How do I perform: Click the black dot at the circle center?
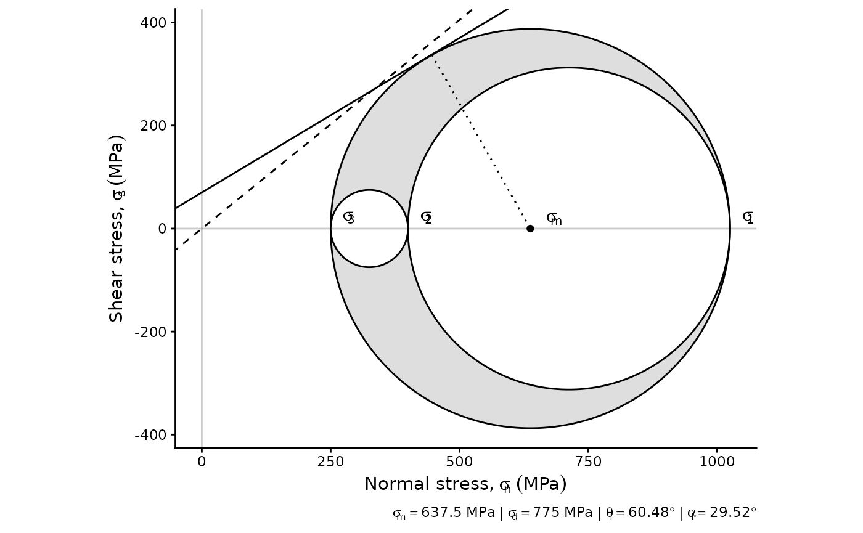530,229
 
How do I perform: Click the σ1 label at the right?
748,218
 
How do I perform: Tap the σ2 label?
426,218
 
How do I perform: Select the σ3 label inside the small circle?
349,218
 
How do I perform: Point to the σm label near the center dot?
554,219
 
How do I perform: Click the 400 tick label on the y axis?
153,23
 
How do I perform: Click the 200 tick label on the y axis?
153,126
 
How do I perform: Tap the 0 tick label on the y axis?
163,229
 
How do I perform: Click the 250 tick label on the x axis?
330,462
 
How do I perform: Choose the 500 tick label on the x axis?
459,462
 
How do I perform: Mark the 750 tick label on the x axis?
588,462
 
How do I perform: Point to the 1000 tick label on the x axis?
717,462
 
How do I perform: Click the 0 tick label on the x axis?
202,462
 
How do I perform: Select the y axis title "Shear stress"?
117,228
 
